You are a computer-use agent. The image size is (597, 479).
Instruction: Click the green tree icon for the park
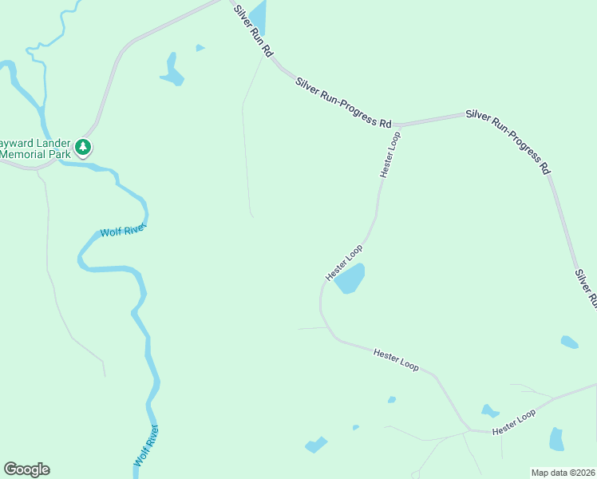[83, 147]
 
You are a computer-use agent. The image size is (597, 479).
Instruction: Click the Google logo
[26, 469]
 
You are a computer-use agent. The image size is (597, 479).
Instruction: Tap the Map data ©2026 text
[563, 472]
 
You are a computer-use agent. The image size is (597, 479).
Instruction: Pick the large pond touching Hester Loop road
[350, 278]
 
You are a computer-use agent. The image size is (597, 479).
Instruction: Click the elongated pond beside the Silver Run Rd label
[258, 18]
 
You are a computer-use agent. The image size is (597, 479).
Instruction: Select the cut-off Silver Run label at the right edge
[587, 288]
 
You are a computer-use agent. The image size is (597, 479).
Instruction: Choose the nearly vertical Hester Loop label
[389, 154]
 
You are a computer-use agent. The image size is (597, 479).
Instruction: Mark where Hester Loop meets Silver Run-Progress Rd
[397, 126]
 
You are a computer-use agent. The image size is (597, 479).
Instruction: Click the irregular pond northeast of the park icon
[172, 70]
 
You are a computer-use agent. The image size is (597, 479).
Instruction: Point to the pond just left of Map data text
[556, 439]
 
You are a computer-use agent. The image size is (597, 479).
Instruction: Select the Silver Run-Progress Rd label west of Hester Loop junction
[343, 102]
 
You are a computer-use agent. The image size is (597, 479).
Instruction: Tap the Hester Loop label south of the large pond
[396, 358]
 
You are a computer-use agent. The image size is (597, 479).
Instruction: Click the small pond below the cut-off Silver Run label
[569, 342]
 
